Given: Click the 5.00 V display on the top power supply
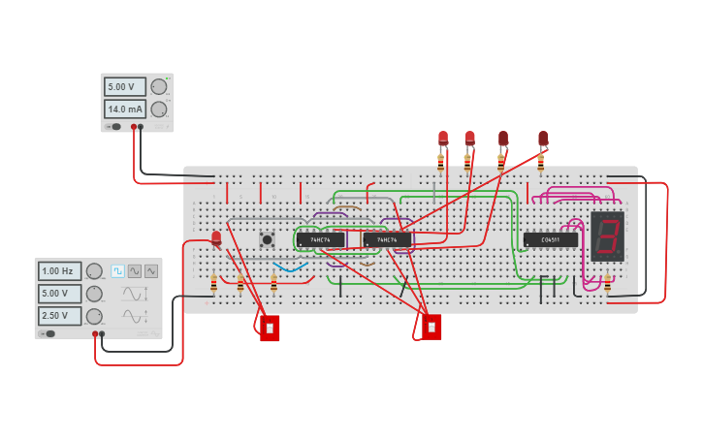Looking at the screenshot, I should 125,86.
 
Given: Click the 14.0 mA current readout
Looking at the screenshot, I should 125,109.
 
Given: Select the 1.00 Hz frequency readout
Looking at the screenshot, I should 60,271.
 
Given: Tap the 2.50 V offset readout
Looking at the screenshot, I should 60,316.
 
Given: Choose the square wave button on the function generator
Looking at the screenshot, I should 118,271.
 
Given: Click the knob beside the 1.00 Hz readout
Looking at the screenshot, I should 94,271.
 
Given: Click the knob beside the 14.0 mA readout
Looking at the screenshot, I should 159,109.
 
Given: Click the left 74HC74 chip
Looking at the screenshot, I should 320,239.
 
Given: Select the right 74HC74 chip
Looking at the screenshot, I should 387,239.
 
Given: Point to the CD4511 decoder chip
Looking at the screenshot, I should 550,239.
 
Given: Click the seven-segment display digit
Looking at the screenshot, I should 607,235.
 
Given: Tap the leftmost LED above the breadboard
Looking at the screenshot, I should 443,139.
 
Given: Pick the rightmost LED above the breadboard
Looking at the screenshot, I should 543,139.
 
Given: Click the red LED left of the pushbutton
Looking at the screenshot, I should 216,237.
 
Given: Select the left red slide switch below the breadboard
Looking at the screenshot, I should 270,328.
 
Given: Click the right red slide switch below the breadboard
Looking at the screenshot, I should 431,327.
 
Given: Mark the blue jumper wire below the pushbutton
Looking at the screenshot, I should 291,267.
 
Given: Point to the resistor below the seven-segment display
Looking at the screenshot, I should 607,282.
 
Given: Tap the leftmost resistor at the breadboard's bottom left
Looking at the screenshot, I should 213,282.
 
